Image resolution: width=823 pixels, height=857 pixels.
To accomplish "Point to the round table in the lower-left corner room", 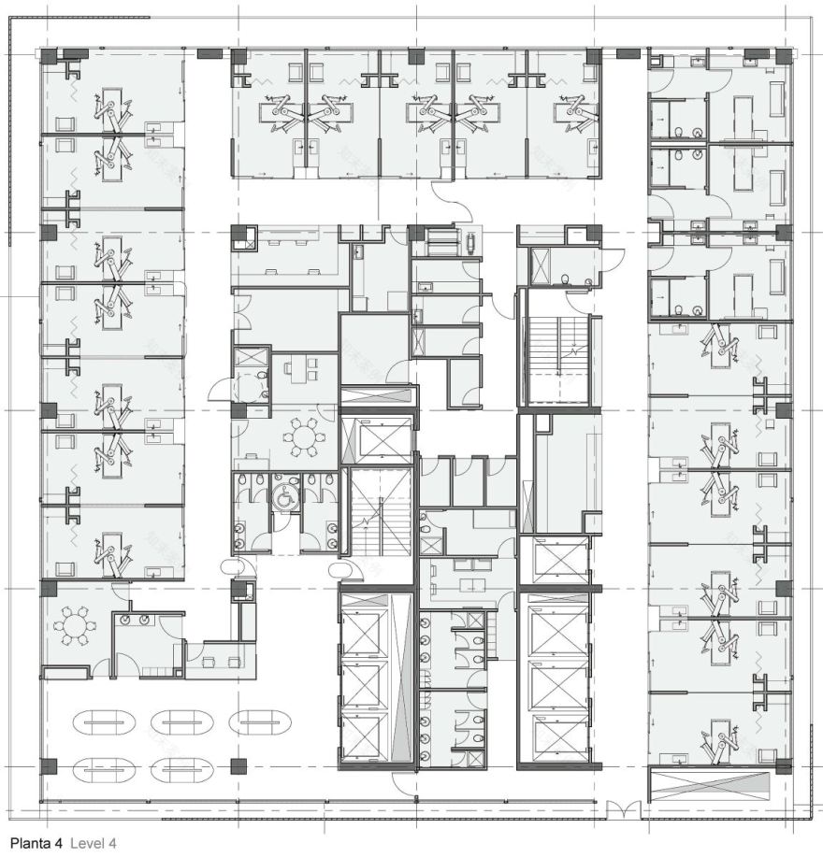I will (x=75, y=624).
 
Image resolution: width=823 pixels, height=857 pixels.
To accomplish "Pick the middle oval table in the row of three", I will (x=181, y=722).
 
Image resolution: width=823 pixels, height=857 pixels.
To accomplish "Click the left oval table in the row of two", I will (x=105, y=769).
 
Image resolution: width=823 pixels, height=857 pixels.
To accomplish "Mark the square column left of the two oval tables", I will (x=49, y=767).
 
